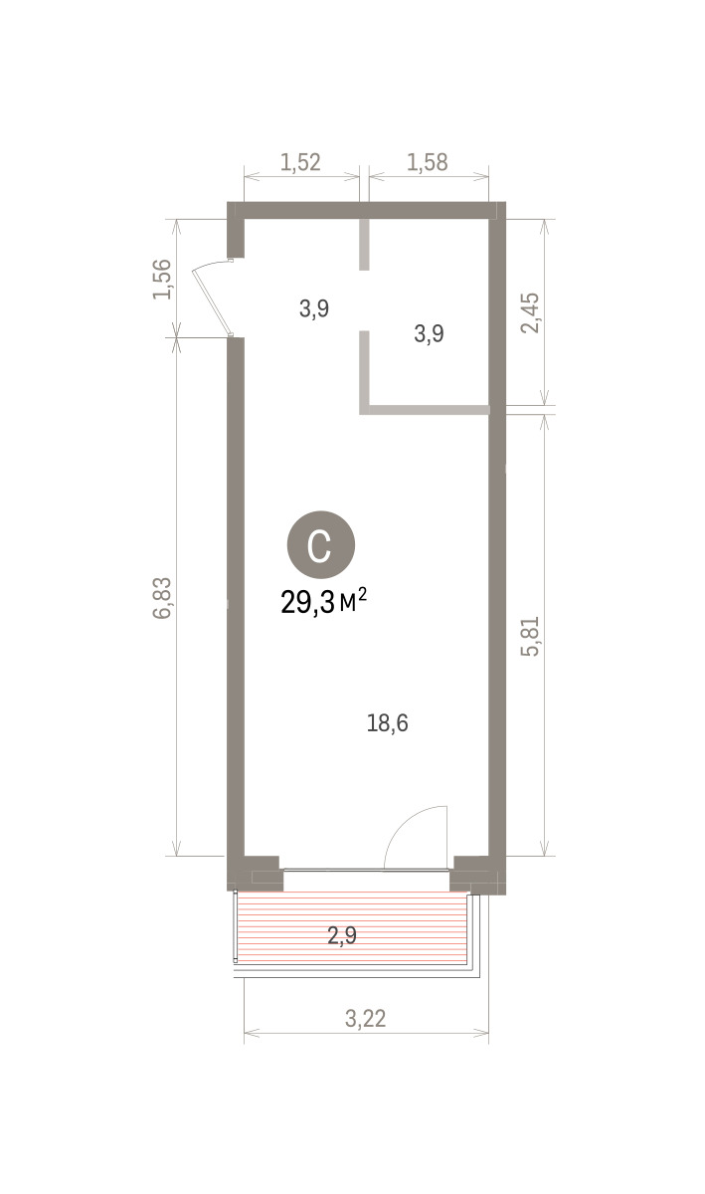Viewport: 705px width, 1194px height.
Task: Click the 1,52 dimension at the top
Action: point(300,162)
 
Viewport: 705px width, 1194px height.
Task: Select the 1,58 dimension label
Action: point(428,162)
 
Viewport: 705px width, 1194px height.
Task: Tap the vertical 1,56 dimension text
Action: point(162,279)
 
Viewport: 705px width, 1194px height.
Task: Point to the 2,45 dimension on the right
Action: point(530,312)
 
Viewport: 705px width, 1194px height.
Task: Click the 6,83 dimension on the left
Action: point(162,598)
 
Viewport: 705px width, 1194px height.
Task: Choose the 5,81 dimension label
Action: point(530,636)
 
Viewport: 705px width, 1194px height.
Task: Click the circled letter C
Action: point(321,545)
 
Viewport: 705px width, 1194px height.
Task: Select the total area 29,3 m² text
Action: point(324,602)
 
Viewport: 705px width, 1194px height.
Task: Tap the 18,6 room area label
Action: point(388,723)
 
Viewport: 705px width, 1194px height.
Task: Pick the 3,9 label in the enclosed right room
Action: point(429,333)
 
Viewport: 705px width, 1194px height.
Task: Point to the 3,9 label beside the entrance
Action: point(314,308)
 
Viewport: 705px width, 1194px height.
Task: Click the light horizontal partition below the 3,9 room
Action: point(425,409)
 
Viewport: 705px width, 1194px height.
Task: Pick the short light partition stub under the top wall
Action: point(365,244)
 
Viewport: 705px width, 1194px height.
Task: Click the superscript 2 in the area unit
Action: point(362,594)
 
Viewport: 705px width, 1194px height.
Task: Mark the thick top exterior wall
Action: point(367,210)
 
